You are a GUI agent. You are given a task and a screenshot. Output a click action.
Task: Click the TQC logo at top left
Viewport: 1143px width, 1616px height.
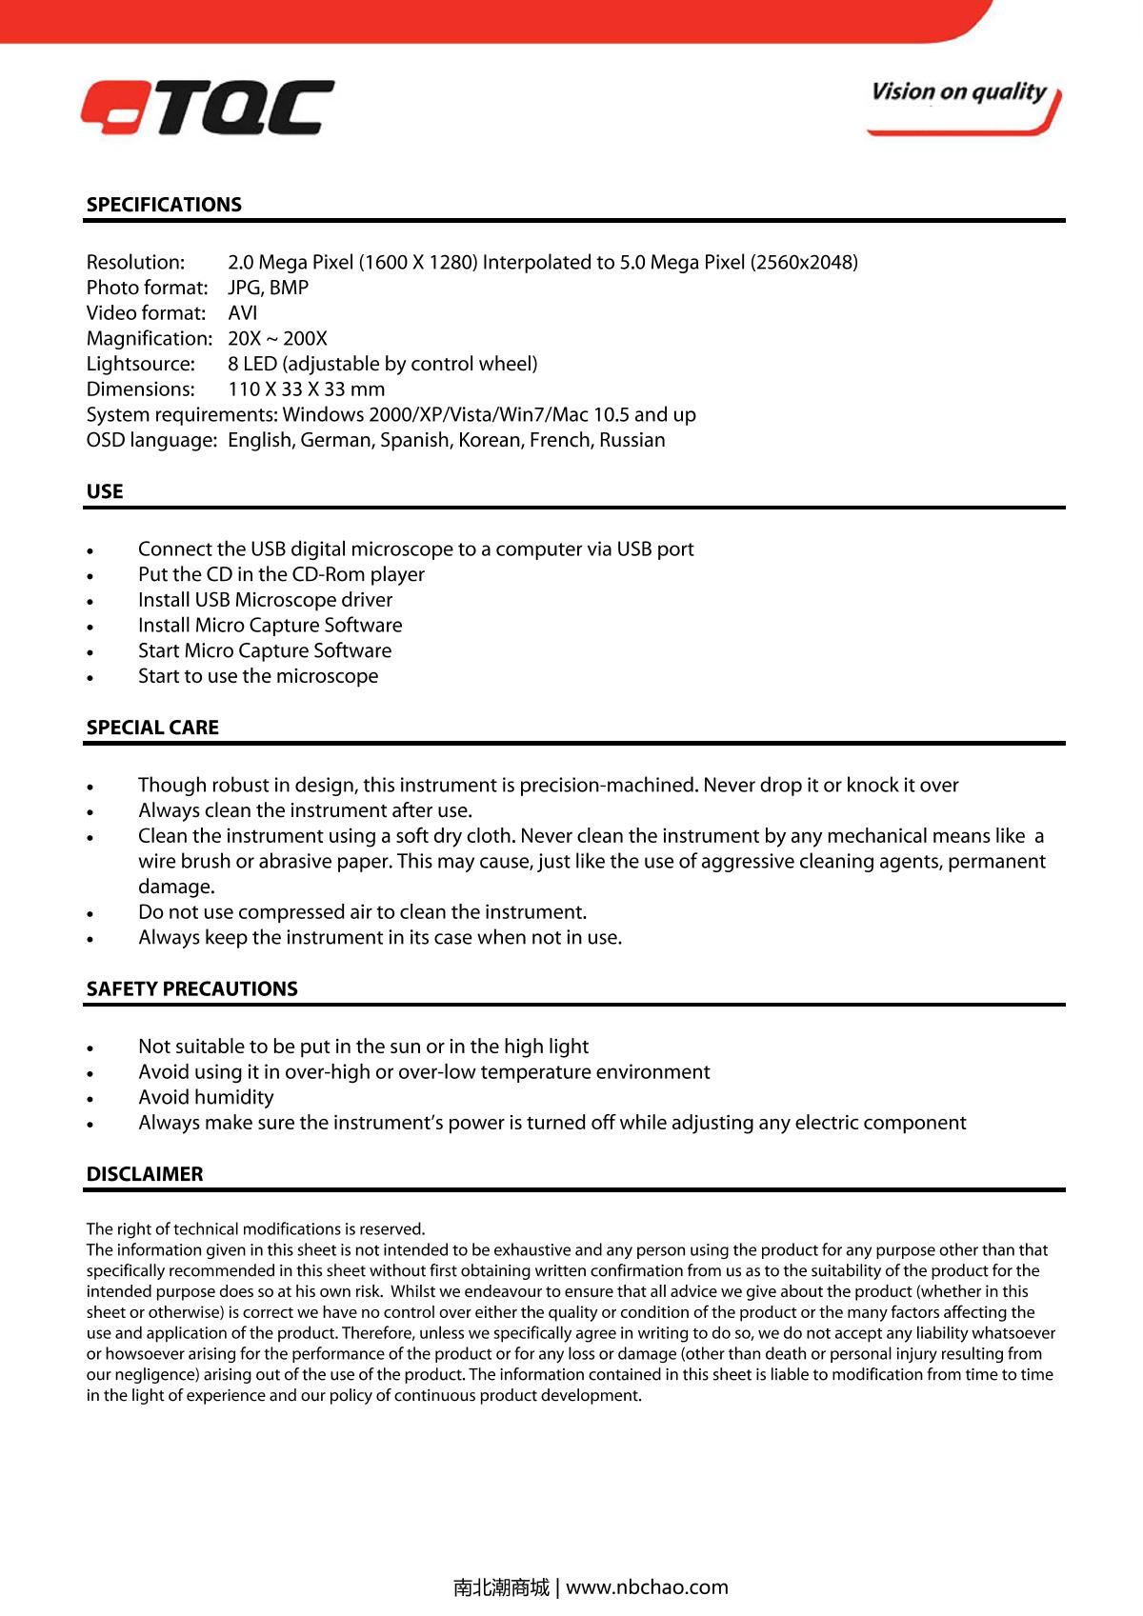[208, 108]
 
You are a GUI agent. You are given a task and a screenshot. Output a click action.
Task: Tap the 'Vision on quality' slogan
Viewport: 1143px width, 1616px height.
[958, 92]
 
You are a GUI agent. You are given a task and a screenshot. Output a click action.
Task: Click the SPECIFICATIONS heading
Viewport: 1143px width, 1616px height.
[164, 205]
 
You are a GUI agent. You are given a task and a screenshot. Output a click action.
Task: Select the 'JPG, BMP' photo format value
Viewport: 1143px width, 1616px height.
[268, 288]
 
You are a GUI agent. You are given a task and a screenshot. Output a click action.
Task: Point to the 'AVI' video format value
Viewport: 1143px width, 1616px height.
[243, 313]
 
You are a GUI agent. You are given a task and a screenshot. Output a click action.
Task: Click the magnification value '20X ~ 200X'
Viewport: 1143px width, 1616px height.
[277, 338]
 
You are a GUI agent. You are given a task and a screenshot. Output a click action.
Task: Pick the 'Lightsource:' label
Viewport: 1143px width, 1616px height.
[140, 364]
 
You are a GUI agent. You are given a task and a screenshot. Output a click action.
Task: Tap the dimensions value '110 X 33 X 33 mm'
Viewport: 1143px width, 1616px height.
[307, 389]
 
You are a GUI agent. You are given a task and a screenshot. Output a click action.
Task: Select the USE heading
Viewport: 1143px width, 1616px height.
[105, 491]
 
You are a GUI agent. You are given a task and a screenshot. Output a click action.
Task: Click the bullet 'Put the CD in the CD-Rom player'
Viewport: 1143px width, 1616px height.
[281, 574]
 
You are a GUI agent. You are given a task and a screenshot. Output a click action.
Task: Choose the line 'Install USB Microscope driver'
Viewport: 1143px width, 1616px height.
[265, 600]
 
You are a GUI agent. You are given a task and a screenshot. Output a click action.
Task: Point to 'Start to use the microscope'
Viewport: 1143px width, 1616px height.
[258, 676]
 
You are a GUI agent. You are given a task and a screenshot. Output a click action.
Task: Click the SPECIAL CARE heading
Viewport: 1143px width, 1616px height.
[152, 728]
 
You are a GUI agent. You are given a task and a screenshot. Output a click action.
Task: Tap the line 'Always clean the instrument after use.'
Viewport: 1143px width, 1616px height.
[305, 810]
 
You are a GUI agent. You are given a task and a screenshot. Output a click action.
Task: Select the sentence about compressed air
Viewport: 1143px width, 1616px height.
[362, 912]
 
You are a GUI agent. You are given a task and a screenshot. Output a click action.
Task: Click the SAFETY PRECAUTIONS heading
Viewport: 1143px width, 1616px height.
[191, 988]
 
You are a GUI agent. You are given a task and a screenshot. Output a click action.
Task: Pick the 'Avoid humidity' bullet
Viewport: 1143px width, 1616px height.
[206, 1097]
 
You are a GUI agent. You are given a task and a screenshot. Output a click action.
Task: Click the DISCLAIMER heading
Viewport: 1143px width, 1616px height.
[145, 1174]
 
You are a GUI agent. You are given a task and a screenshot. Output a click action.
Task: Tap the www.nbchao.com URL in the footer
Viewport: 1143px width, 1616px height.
[647, 1587]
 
